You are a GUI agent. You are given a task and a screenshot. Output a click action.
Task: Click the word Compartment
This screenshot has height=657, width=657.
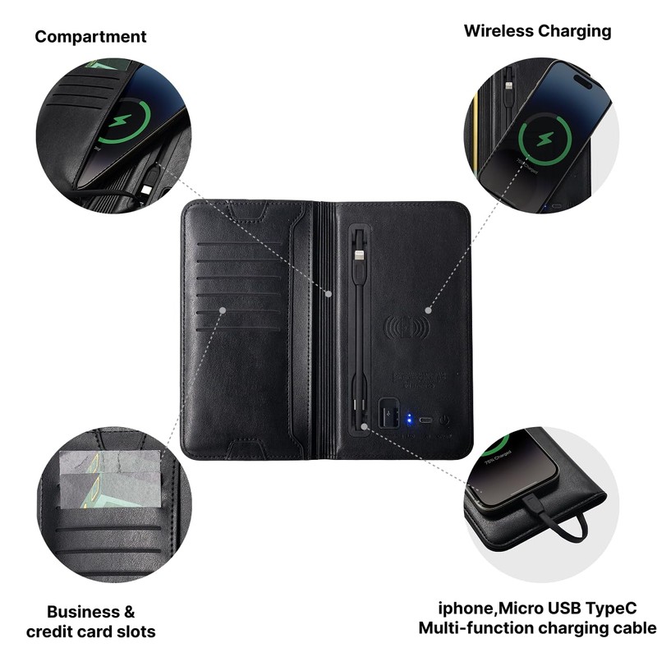pos(90,37)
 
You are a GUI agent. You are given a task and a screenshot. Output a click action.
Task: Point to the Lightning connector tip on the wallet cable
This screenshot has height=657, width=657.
pos(358,253)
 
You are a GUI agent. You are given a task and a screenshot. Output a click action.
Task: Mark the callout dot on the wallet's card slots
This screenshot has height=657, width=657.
pos(223,310)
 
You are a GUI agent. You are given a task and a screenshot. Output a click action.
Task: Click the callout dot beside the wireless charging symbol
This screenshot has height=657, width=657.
pos(428,310)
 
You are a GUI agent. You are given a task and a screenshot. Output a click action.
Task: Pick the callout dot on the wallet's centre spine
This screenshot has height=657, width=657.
pos(328,293)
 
